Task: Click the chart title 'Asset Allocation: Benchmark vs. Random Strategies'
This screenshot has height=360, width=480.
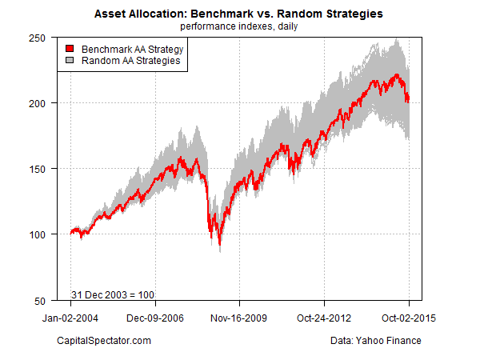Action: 239,14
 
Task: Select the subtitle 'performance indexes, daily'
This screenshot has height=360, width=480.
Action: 239,26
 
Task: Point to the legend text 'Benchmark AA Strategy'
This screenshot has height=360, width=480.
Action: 126,49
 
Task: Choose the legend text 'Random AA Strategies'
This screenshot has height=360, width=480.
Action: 125,60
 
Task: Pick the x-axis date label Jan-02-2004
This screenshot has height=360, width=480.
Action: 70,318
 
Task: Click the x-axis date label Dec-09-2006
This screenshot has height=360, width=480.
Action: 155,318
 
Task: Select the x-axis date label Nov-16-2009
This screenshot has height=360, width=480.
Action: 240,318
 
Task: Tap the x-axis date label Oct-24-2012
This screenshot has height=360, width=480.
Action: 325,318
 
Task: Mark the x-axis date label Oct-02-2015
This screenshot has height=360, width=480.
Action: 409,318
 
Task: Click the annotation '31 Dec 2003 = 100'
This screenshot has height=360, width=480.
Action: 113,294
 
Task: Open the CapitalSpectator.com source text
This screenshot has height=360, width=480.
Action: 105,342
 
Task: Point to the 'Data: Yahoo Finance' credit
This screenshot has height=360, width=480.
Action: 375,342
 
